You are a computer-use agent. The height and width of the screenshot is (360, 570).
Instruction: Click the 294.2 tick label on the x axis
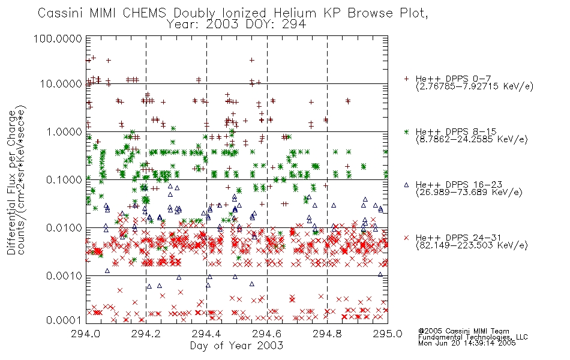146,334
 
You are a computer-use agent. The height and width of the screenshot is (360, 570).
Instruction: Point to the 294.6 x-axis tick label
267,334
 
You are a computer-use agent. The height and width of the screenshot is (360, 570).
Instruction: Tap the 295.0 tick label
388,334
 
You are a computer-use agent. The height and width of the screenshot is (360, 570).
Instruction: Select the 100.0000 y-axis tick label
58,38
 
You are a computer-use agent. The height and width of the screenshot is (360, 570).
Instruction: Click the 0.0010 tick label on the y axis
64,276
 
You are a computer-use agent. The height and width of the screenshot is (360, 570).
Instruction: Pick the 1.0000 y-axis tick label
64,132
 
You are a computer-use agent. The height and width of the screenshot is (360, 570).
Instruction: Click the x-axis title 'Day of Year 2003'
236,346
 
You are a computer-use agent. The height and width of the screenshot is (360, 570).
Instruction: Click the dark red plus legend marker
406,79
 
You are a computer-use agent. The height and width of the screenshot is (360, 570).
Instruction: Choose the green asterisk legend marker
406,131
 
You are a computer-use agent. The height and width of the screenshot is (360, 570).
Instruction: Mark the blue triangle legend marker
406,185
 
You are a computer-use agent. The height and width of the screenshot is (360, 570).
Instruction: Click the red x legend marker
406,238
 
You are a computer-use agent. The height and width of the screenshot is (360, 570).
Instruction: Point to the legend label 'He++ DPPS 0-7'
454,79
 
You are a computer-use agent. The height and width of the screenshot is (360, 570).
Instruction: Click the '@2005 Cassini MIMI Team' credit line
464,331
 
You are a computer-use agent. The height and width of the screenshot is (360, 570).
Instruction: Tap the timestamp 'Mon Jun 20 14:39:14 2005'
467,343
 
